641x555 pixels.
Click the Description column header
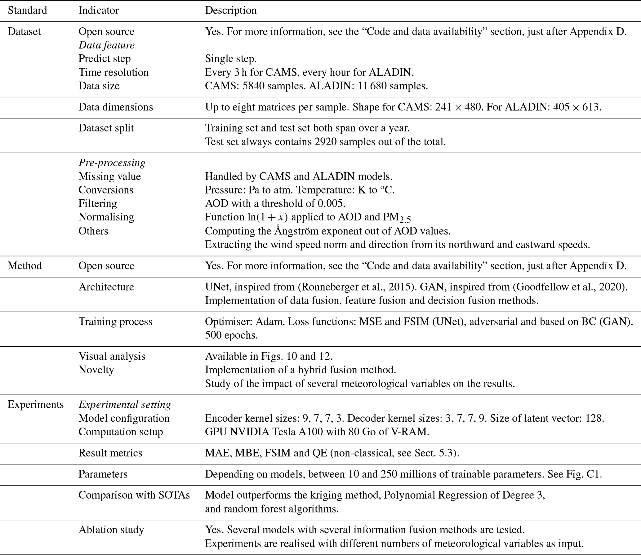click(x=231, y=11)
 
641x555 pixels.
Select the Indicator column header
click(x=99, y=11)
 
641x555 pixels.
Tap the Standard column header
click(x=27, y=11)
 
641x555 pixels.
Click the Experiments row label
click(x=35, y=405)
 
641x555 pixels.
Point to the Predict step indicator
click(x=105, y=59)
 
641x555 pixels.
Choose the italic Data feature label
click(x=106, y=45)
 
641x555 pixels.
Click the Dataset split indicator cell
click(x=106, y=128)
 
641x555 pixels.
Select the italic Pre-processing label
click(x=112, y=163)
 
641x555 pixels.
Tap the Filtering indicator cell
click(x=98, y=203)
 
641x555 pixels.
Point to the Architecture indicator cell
click(x=106, y=287)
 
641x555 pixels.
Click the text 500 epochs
click(x=231, y=335)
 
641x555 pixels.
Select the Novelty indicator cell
click(x=96, y=370)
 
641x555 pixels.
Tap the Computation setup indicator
click(x=121, y=432)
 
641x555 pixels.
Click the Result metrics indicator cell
click(x=110, y=453)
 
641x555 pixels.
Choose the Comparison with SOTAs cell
click(x=134, y=495)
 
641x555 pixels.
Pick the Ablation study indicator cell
click(x=111, y=530)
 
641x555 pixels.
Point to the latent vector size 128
click(x=594, y=418)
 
